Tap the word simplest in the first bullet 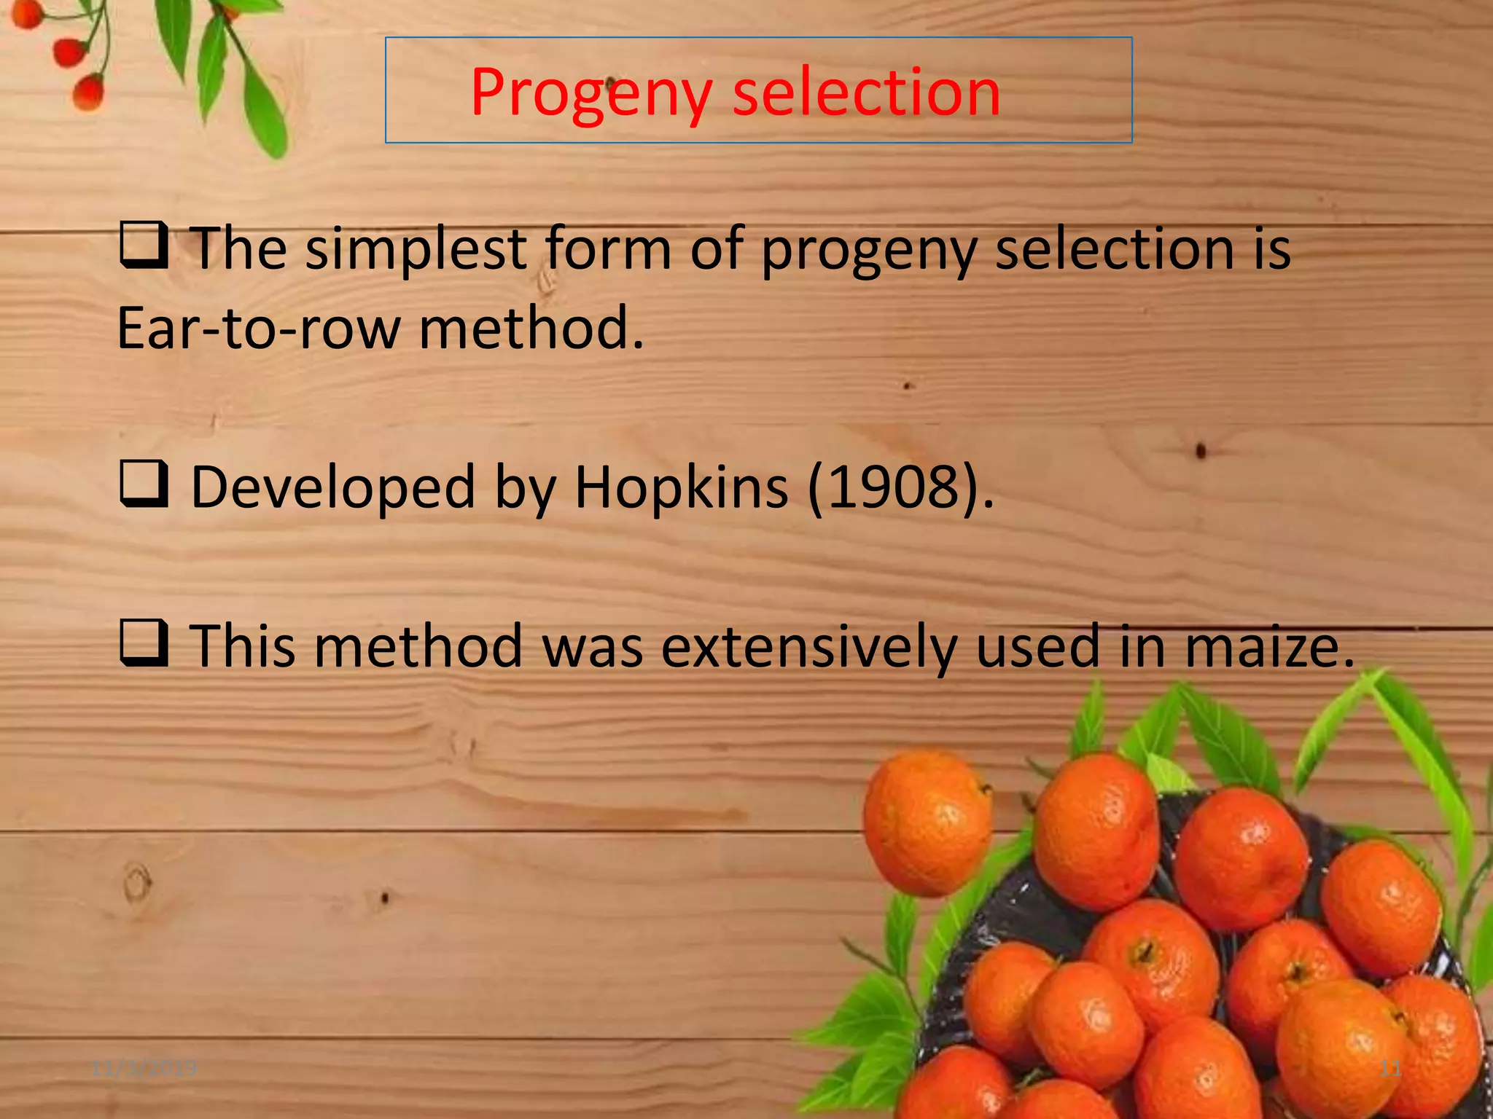coord(416,249)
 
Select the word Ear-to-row coord(258,328)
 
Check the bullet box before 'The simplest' coord(144,246)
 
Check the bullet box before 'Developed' coord(144,484)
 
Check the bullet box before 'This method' coord(144,643)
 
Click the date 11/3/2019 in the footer coord(144,1069)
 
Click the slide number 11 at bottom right coord(1391,1069)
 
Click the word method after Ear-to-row coord(531,328)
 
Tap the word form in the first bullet coord(608,249)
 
